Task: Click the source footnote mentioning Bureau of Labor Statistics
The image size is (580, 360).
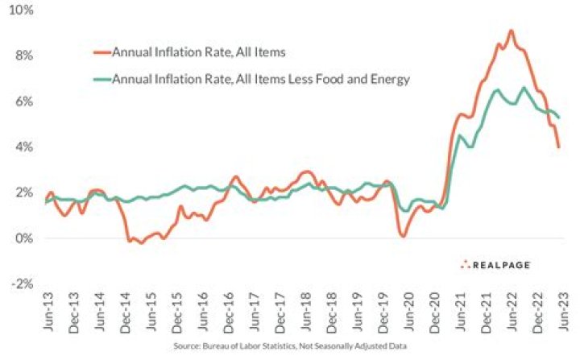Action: tap(290, 347)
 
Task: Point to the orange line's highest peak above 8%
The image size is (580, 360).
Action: tap(511, 31)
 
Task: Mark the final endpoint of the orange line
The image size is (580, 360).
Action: tap(559, 147)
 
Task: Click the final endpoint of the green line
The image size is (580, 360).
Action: tap(559, 118)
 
